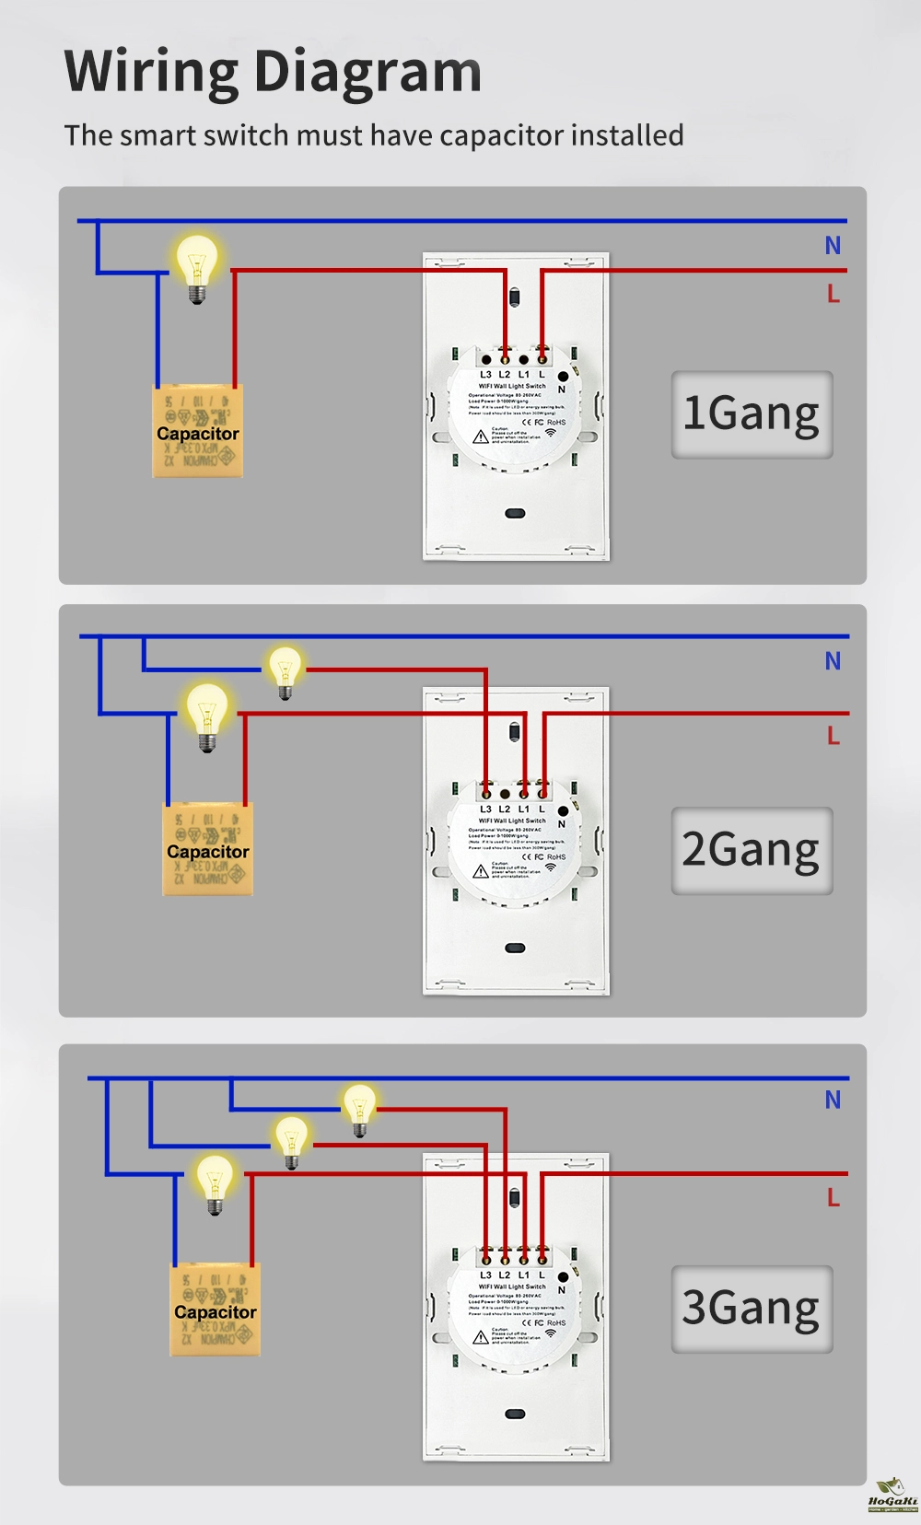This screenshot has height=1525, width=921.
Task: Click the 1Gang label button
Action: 752,414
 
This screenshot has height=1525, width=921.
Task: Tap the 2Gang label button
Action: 752,851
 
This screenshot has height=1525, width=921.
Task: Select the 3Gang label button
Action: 752,1309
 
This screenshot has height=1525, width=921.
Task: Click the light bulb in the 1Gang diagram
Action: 196,266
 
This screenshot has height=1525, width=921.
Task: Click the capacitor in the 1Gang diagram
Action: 197,431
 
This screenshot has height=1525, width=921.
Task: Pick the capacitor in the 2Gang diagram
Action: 208,849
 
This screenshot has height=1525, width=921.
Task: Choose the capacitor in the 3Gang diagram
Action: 216,1310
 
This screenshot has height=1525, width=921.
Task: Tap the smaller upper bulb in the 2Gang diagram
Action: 285,670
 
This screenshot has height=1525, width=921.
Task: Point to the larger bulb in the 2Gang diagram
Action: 207,716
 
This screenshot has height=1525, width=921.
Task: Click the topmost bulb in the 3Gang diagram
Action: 359,1108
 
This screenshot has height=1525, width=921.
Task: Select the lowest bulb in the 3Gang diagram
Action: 215,1183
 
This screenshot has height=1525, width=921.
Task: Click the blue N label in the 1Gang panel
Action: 833,246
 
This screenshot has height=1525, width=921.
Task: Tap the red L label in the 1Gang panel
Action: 833,294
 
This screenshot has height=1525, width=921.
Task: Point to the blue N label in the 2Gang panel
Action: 833,661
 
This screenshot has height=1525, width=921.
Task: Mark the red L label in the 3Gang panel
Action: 833,1197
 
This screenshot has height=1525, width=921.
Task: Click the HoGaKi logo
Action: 892,1496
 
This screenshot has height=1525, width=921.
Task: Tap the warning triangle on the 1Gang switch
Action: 481,437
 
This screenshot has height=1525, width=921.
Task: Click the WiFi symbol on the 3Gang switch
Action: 551,1333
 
